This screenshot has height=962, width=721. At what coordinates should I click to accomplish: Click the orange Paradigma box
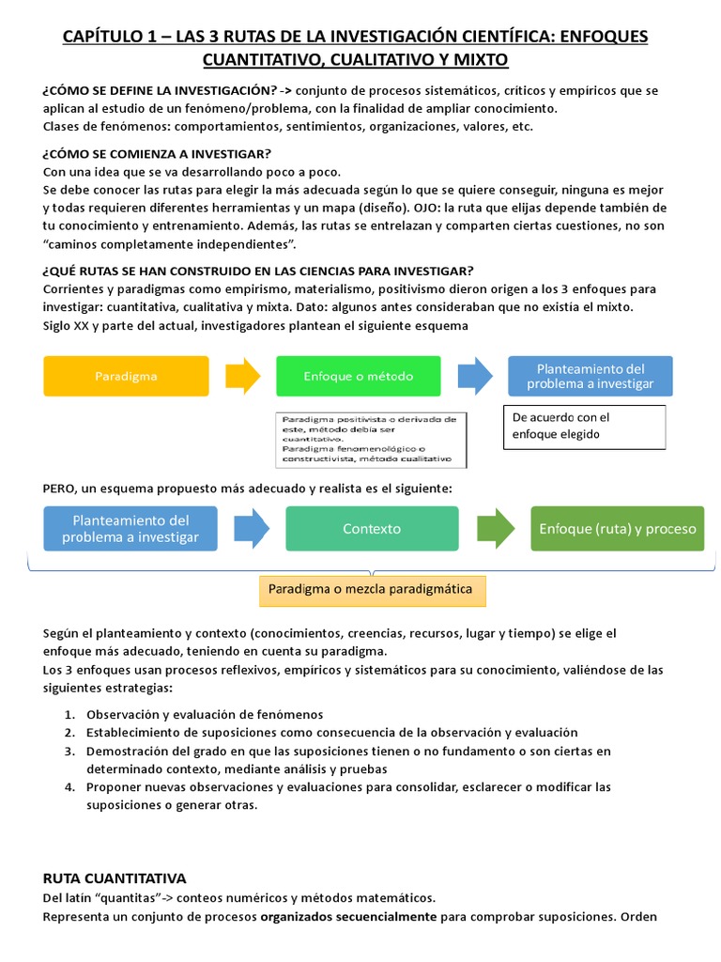point(127,376)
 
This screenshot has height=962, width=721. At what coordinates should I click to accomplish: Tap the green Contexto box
point(372,529)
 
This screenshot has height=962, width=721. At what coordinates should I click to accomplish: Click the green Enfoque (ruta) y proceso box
point(618,529)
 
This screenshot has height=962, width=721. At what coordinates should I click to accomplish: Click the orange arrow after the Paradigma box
point(243,376)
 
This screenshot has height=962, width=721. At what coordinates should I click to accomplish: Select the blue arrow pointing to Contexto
point(251,529)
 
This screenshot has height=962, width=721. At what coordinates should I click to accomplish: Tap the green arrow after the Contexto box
point(494,529)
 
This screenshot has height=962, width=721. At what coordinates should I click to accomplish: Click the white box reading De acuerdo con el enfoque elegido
point(585,426)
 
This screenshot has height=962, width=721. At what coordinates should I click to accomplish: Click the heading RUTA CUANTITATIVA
point(115,878)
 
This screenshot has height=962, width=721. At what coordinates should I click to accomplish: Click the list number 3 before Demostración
point(69,751)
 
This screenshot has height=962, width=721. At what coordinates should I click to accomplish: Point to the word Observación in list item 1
point(122,714)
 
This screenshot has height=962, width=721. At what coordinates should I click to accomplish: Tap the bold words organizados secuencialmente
point(348,917)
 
